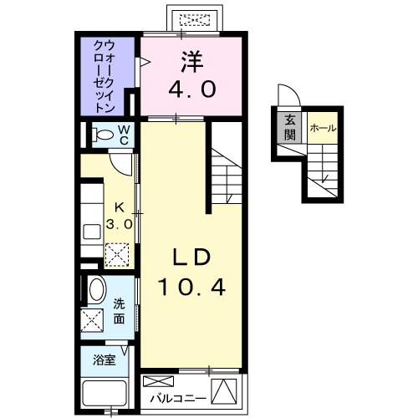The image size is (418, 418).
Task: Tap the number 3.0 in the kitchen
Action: click(x=119, y=224)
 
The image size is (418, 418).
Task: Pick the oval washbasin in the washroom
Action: click(x=97, y=291)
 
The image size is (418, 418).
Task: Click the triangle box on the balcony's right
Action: click(x=223, y=390)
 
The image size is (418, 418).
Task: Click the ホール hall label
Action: click(x=322, y=128)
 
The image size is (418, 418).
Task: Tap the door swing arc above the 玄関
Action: click(x=286, y=95)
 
